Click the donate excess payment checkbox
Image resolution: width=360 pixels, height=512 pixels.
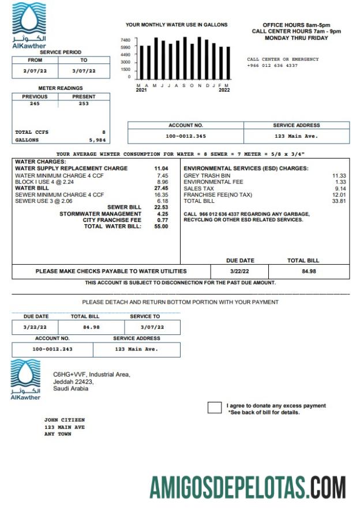[214, 408]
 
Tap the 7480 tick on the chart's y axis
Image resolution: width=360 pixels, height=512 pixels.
[125, 40]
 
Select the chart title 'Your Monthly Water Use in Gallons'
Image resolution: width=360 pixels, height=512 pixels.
[177, 25]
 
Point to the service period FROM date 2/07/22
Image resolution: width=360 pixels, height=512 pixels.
[33, 71]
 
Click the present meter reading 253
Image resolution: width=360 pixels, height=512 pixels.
[84, 104]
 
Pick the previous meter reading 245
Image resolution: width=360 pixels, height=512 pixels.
[35, 104]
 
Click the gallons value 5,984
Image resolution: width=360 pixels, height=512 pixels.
[97, 140]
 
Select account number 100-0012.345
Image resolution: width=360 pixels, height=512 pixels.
[185, 136]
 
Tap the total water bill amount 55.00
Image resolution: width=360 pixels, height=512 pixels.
[161, 227]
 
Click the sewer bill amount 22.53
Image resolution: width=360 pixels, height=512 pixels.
[161, 208]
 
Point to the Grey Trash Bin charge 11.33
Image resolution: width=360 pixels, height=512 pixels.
[339, 175]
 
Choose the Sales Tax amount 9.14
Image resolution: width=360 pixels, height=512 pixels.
[340, 189]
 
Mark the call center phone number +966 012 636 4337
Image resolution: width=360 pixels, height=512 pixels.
[272, 66]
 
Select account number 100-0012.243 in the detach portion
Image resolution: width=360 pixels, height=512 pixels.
[52, 349]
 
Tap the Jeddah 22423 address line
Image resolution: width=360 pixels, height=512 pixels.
[73, 382]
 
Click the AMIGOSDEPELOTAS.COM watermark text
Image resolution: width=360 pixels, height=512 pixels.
[247, 487]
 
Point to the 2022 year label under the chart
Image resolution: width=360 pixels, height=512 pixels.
[224, 90]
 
